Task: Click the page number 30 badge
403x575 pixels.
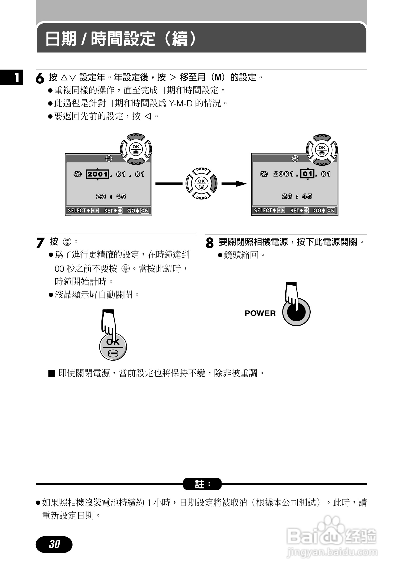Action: point(54,544)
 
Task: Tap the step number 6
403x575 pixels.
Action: point(40,79)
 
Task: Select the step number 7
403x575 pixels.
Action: point(40,243)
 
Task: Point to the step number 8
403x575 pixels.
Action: point(209,243)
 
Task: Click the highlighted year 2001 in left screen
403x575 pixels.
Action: point(97,174)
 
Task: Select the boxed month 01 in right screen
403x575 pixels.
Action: point(308,174)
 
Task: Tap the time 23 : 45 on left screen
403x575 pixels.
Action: point(111,197)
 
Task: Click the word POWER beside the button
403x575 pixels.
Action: point(260,313)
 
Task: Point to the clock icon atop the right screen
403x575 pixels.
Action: point(295,158)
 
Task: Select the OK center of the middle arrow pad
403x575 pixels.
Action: point(201,183)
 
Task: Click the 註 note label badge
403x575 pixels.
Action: point(202,484)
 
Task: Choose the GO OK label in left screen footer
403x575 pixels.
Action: point(138,211)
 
